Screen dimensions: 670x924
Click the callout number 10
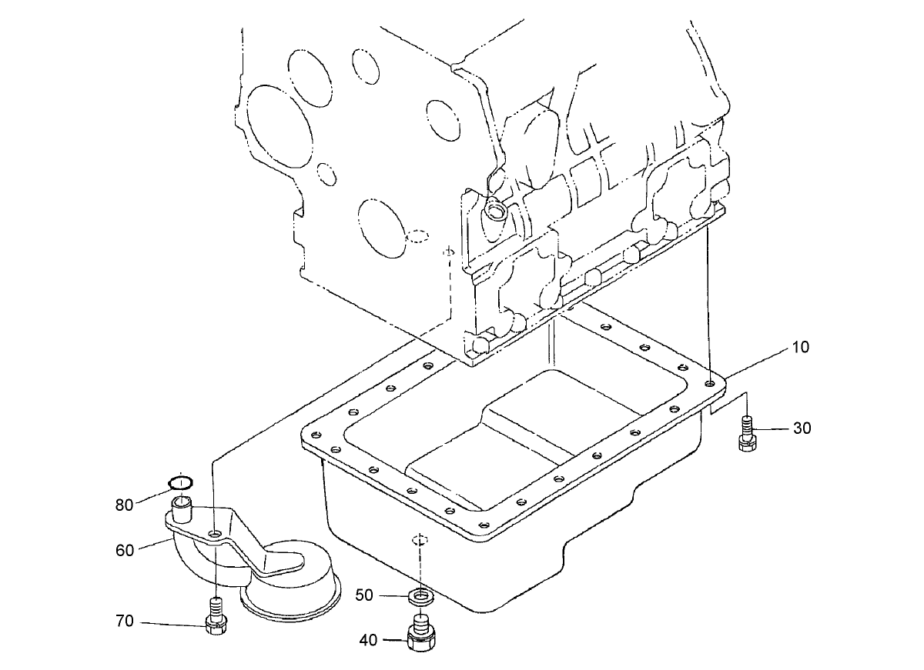pos(801,347)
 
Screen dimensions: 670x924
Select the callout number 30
pos(802,428)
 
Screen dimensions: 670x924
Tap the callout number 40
pos(369,638)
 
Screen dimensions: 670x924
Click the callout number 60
pos(125,550)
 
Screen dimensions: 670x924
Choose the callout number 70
pos(125,622)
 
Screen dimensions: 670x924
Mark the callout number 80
pos(125,505)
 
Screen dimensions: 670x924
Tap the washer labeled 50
pos(419,595)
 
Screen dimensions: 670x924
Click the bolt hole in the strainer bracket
pos(216,533)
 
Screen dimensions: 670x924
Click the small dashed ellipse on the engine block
pos(419,235)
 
